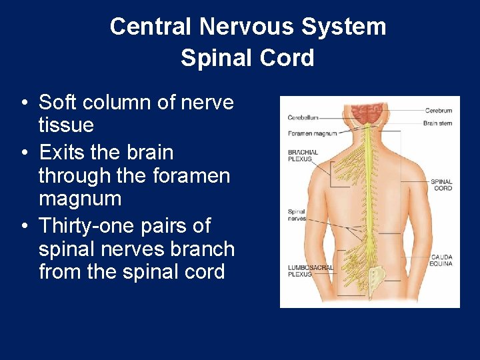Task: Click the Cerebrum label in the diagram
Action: [x=438, y=111]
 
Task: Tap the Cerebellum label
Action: [x=303, y=118]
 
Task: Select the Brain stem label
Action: [x=437, y=123]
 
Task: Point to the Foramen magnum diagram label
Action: [x=313, y=134]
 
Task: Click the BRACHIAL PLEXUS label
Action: [x=303, y=156]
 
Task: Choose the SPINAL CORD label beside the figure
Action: [x=441, y=185]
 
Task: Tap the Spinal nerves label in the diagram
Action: [x=297, y=215]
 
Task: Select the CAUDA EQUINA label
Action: [x=441, y=260]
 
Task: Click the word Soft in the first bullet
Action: [x=56, y=103]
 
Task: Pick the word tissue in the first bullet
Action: [x=66, y=125]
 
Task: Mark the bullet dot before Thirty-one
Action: [x=24, y=227]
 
